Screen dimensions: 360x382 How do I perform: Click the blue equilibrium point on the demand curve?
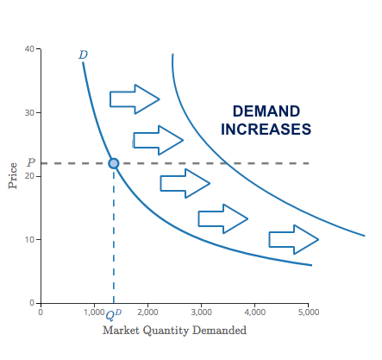(x=114, y=163)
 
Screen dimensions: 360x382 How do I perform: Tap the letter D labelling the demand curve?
(x=83, y=55)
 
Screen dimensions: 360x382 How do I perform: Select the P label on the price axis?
(x=30, y=162)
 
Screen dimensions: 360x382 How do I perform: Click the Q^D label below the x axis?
(x=115, y=313)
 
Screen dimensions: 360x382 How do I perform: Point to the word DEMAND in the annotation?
(x=266, y=111)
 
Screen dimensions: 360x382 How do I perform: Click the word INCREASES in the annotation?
(x=266, y=129)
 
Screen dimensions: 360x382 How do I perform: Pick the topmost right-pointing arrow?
(x=134, y=99)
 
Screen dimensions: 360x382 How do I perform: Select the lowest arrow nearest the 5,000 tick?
(x=293, y=238)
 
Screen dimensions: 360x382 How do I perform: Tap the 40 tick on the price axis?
(x=28, y=48)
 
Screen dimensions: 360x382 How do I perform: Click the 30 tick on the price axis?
(x=28, y=112)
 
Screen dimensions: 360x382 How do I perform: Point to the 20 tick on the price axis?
(x=28, y=176)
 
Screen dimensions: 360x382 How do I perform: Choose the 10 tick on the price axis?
(x=28, y=239)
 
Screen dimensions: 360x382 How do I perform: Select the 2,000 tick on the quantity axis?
(x=147, y=311)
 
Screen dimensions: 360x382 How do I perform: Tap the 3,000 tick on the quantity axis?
(x=201, y=311)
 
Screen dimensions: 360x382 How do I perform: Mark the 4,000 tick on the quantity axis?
(x=254, y=311)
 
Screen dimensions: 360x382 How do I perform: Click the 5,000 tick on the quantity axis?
(x=308, y=311)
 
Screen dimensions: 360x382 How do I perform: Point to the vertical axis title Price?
(x=12, y=175)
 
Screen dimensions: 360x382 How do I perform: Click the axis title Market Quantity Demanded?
(x=174, y=330)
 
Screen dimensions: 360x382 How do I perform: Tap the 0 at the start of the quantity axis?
(x=40, y=311)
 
